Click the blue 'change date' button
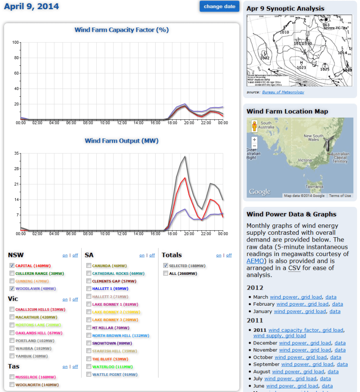(219, 7)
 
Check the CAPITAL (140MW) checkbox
(12, 266)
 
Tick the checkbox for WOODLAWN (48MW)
(12, 288)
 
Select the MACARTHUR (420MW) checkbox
(12, 317)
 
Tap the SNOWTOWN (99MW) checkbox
(89, 343)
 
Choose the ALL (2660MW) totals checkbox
(166, 273)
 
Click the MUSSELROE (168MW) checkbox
(12, 377)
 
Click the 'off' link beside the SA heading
(152, 255)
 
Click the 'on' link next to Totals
(219, 255)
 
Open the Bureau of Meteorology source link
(283, 92)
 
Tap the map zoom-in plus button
(254, 139)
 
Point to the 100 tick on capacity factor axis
(16, 42)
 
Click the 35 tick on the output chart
(17, 153)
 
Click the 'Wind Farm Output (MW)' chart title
(121, 141)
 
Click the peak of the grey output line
(185, 157)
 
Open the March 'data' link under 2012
(331, 297)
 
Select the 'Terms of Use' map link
(340, 196)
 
